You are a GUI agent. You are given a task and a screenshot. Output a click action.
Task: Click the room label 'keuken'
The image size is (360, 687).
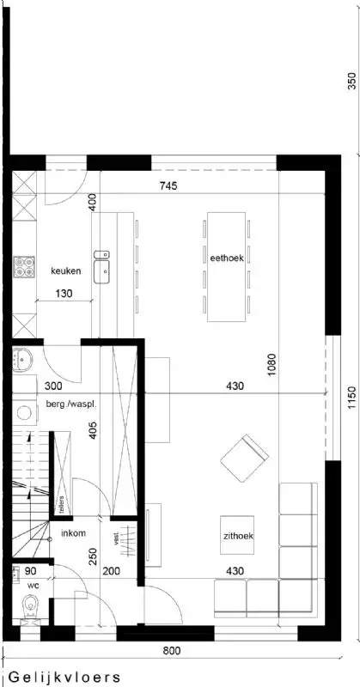[x=65, y=271]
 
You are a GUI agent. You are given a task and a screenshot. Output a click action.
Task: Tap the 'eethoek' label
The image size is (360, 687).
[x=227, y=256]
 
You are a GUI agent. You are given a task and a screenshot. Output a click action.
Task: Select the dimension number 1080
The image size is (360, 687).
[x=272, y=368]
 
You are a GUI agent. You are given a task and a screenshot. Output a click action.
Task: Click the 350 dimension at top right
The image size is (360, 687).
[x=351, y=82]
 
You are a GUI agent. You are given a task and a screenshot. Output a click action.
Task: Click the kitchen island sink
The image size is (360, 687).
[x=102, y=262]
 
